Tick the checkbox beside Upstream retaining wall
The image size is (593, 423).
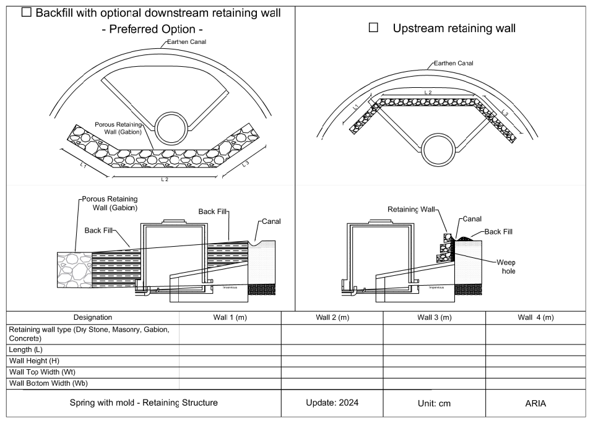tap(373, 28)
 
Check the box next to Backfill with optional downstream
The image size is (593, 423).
tap(26, 12)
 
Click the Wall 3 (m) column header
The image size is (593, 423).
tap(434, 318)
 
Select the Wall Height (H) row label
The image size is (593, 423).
tap(34, 361)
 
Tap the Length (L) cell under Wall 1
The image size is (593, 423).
tap(230, 350)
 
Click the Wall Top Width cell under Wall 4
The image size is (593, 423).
tap(535, 372)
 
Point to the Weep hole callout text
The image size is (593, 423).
tap(506, 267)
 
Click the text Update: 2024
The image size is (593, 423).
tap(332, 403)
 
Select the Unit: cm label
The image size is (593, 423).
tap(434, 403)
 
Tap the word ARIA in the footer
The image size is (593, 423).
tap(535, 403)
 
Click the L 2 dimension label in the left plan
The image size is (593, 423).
tap(165, 179)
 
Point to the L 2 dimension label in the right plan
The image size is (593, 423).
tap(428, 92)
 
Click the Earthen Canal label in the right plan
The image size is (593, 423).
tap(454, 63)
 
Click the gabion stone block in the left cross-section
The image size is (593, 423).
tap(74, 270)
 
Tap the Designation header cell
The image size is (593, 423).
tap(93, 318)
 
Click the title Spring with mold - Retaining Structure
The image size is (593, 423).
tap(144, 403)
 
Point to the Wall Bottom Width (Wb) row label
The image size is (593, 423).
tap(48, 383)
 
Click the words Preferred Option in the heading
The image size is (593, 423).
tap(152, 29)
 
